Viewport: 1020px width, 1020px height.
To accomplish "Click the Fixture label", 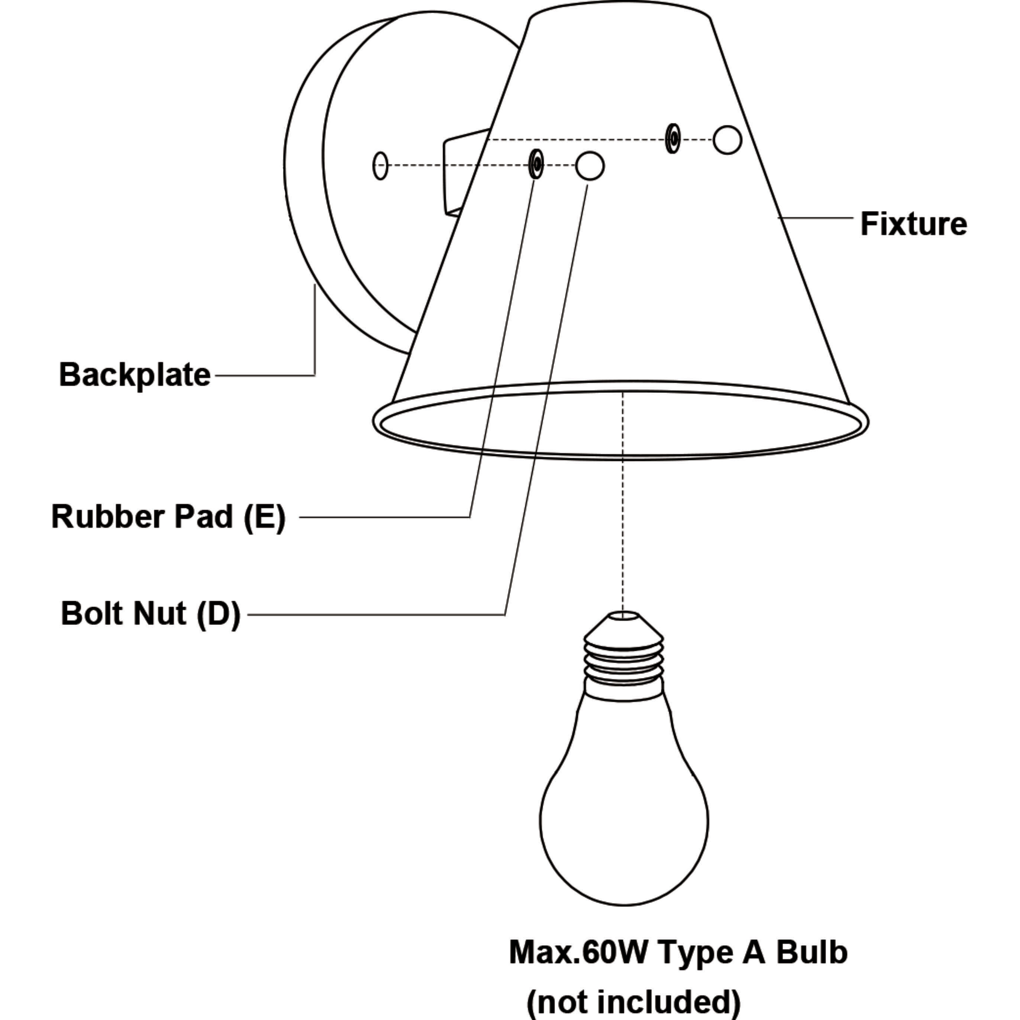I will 913,224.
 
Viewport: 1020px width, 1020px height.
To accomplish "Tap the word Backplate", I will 135,375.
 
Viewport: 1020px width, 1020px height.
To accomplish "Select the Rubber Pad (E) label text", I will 168,516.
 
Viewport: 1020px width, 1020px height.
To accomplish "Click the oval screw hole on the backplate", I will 380,165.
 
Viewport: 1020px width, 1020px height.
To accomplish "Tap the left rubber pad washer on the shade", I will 536,164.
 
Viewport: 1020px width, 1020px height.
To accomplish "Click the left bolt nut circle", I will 590,166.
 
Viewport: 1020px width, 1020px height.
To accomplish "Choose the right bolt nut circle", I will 727,140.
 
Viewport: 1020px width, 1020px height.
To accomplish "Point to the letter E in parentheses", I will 264,516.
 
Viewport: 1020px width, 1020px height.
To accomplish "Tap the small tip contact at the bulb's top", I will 623,615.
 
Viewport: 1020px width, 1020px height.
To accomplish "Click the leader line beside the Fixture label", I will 816,217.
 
